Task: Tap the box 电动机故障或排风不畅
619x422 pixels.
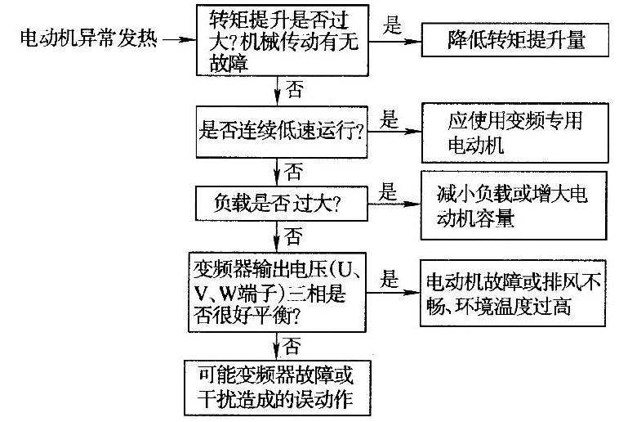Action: [514, 294]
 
